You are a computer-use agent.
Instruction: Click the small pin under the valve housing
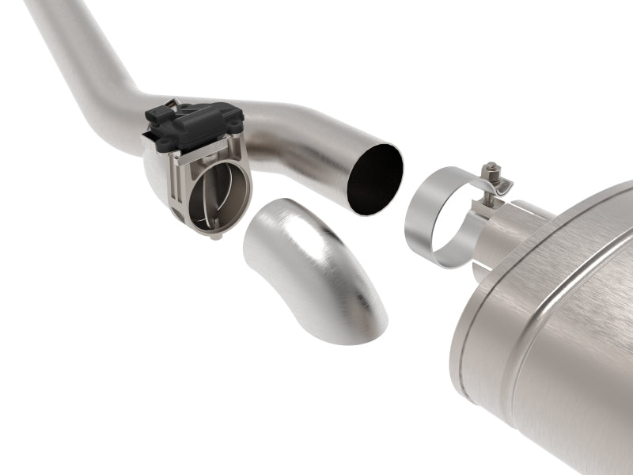coord(216,235)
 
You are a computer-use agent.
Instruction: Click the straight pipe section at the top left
coord(71,40)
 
